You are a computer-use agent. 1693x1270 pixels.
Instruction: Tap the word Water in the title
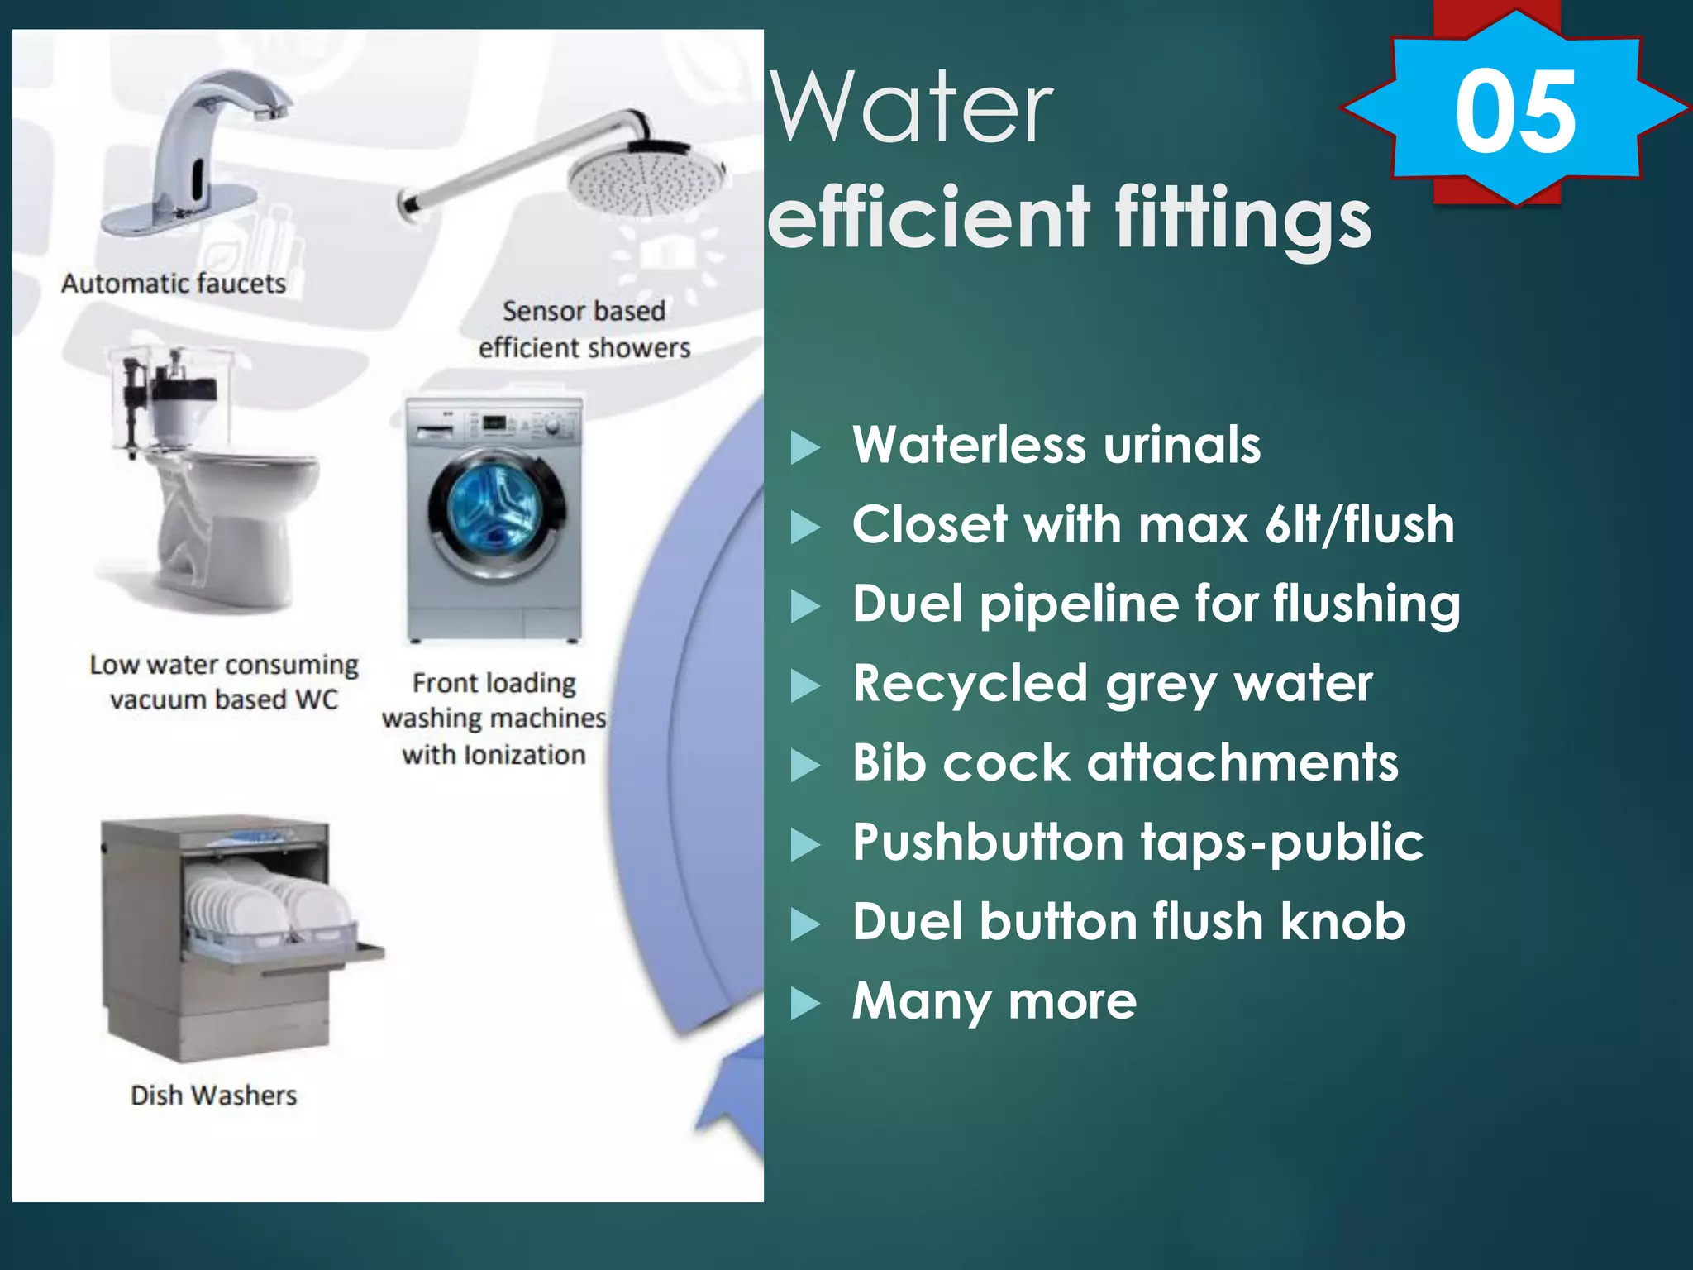[x=912, y=107]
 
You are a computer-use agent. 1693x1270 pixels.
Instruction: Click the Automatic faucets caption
[x=174, y=284]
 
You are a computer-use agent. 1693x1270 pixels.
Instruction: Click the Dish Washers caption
[x=213, y=1096]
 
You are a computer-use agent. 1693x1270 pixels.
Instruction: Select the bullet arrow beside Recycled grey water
[x=805, y=685]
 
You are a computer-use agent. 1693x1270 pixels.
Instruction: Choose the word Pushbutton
[x=989, y=843]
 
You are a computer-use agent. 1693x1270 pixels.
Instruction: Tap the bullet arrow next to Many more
[x=805, y=1003]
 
